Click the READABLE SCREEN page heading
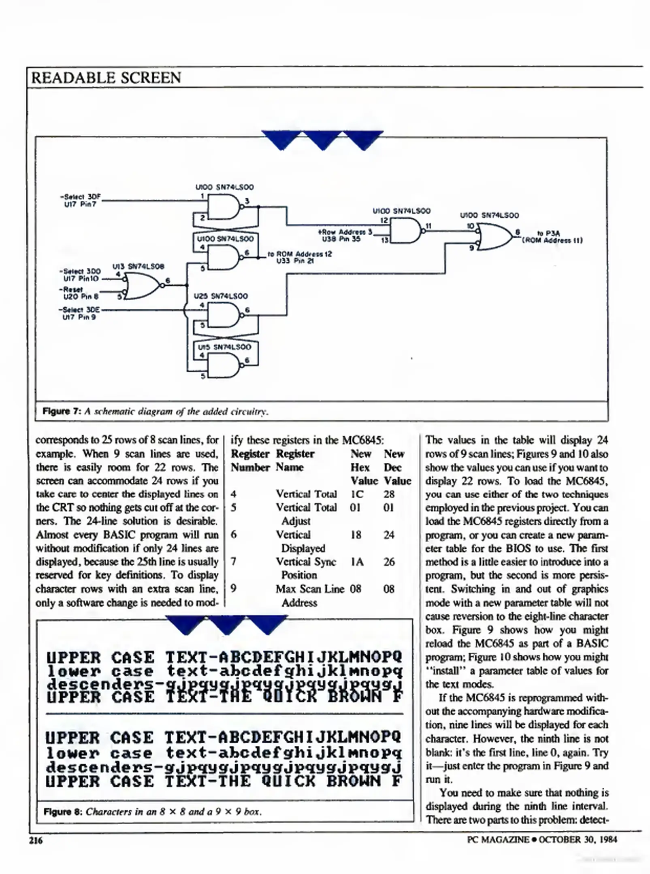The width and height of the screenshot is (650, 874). point(106,78)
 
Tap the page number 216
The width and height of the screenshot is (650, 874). point(36,840)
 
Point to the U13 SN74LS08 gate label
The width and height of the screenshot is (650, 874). point(139,267)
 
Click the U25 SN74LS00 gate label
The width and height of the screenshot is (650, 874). point(221,296)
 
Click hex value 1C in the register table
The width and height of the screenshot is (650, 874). point(357,494)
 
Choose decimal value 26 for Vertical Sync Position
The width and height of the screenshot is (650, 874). point(389,562)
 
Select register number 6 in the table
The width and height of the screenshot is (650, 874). point(234,535)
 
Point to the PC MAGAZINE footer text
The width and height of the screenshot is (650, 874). point(498,840)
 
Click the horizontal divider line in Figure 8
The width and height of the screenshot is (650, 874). point(225,714)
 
